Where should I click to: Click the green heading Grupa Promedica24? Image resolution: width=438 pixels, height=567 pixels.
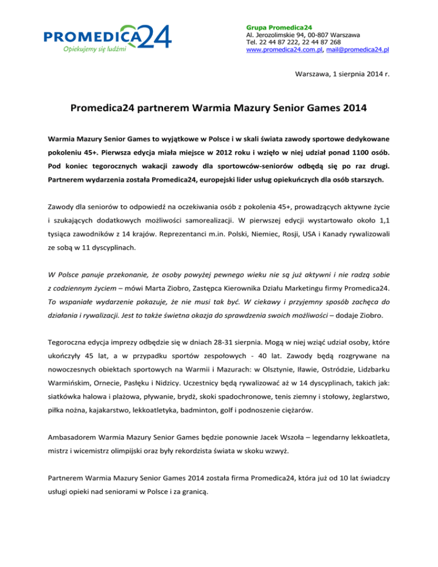(x=278, y=27)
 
